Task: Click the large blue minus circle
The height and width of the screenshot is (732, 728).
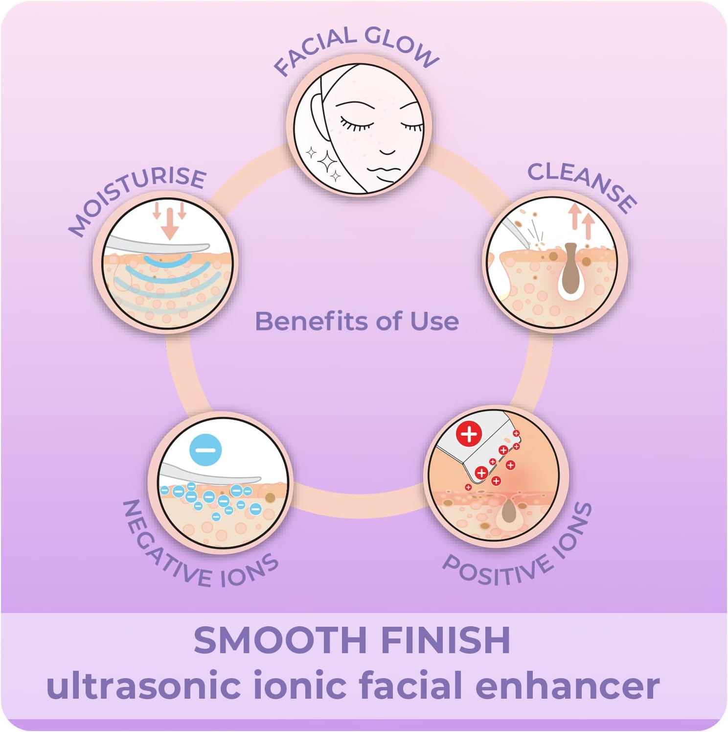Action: (205, 449)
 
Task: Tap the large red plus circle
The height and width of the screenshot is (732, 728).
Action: (469, 434)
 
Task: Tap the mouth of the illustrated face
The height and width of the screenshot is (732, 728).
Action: (387, 152)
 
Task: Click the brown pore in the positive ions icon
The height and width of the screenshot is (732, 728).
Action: (509, 512)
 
